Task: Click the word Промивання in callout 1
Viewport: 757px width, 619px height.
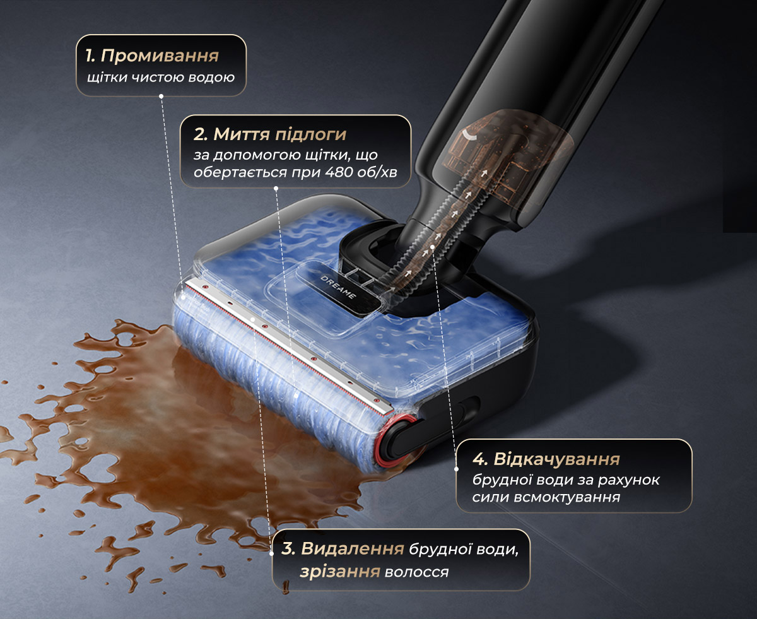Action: click(160, 56)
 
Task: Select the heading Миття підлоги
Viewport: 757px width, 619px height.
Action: click(280, 134)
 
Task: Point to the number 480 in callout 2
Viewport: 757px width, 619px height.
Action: click(339, 172)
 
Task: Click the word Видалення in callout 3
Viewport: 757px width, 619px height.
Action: click(353, 548)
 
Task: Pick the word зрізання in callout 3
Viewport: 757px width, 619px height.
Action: click(340, 572)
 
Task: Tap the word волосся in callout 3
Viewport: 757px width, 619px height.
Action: click(416, 572)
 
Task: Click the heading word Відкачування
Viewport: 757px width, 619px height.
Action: click(557, 459)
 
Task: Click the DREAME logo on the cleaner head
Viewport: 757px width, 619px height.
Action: click(338, 287)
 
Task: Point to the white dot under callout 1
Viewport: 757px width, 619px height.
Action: click(161, 96)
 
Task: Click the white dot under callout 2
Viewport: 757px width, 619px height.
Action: click(276, 188)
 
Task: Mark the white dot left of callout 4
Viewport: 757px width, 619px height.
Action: click(456, 469)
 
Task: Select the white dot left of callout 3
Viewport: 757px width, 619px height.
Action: click(271, 553)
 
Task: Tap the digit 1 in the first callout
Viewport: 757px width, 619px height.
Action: click(88, 56)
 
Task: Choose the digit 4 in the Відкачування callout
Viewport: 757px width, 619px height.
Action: click(478, 459)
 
